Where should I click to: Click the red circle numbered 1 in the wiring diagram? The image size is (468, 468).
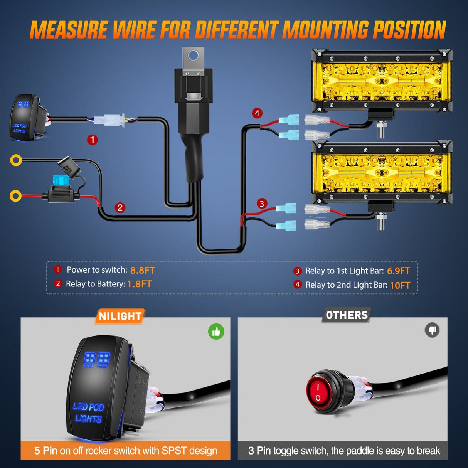[92, 140]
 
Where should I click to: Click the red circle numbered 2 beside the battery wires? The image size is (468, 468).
[120, 208]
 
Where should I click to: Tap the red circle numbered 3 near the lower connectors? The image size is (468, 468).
[262, 204]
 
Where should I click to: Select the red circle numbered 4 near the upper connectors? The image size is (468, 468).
[257, 113]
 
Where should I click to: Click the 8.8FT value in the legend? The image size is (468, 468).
[143, 270]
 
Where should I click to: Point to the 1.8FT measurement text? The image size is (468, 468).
[140, 284]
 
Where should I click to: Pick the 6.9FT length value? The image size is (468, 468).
[398, 271]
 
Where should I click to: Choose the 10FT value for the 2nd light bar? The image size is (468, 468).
[400, 285]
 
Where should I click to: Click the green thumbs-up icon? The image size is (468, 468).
[216, 332]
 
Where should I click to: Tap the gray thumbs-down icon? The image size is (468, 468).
[432, 330]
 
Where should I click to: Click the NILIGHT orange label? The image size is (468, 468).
[120, 316]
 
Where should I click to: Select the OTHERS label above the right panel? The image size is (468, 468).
[347, 315]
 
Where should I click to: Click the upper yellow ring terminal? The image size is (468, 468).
[16, 160]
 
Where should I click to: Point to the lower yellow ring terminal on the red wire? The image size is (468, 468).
[15, 196]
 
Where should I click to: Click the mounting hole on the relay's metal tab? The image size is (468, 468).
[194, 56]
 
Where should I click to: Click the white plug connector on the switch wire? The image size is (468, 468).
[110, 120]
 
